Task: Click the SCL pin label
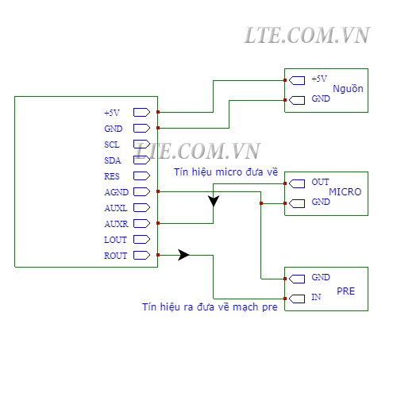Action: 112,145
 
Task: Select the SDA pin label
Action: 113,160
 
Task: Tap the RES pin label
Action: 112,176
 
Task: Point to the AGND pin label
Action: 117,192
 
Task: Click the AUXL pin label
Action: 116,208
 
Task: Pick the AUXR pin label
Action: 116,224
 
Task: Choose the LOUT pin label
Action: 115,240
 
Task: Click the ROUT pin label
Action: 116,256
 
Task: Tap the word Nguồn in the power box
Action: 348,89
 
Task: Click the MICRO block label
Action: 345,191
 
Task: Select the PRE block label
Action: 345,291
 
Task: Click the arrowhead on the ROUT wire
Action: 183,255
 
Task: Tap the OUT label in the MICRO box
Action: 320,182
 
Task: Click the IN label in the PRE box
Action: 316,297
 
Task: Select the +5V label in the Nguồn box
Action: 319,79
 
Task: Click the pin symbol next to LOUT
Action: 141,239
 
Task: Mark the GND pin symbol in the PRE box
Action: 297,279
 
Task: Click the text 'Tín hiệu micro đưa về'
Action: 225,172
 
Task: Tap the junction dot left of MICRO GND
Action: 261,203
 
